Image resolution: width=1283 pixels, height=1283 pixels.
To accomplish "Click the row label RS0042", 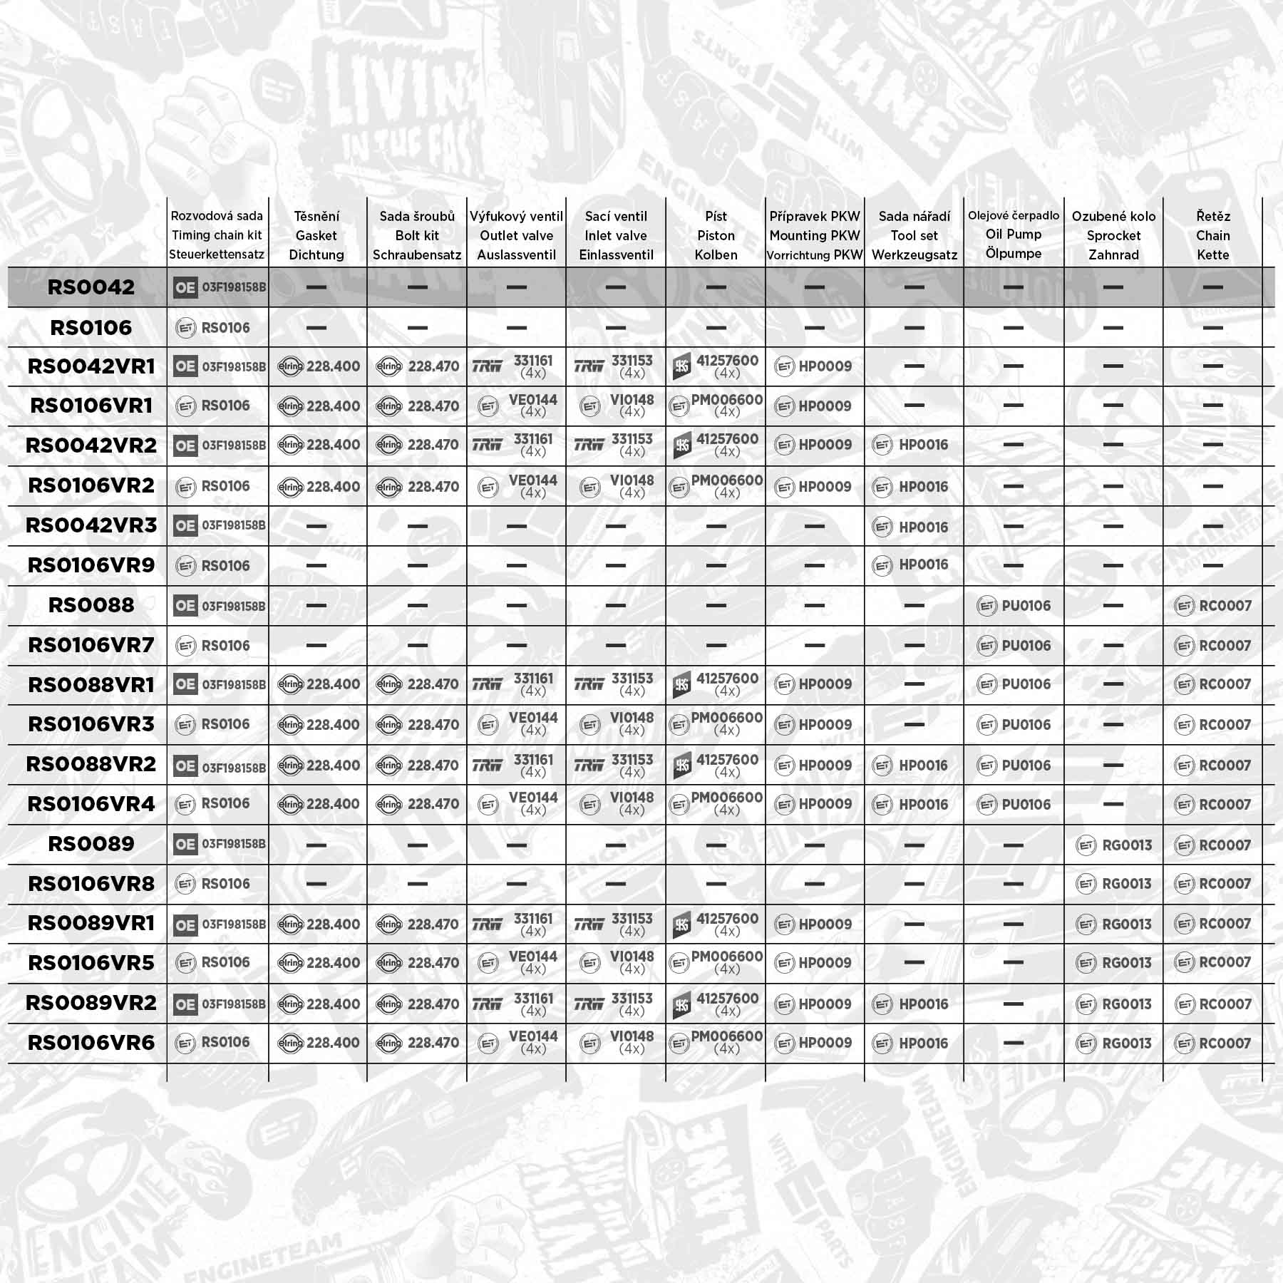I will (x=91, y=287).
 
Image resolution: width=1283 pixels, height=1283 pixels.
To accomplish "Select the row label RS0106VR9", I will (x=91, y=565).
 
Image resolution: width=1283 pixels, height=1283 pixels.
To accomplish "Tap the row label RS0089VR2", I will (x=91, y=1003).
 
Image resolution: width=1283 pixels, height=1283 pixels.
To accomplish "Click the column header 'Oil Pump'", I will (x=1013, y=235).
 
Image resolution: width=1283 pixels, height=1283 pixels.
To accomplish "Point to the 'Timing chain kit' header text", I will (x=217, y=235).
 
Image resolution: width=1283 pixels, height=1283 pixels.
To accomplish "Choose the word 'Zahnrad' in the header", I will (x=1113, y=254).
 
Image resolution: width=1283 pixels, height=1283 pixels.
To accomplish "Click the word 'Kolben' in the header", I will (x=716, y=254).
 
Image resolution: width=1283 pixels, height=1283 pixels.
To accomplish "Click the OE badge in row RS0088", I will (x=185, y=606).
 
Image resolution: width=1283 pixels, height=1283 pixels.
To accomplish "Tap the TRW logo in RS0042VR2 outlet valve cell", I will (x=487, y=445).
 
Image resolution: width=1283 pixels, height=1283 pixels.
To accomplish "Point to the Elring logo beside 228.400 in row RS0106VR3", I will (x=290, y=725).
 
